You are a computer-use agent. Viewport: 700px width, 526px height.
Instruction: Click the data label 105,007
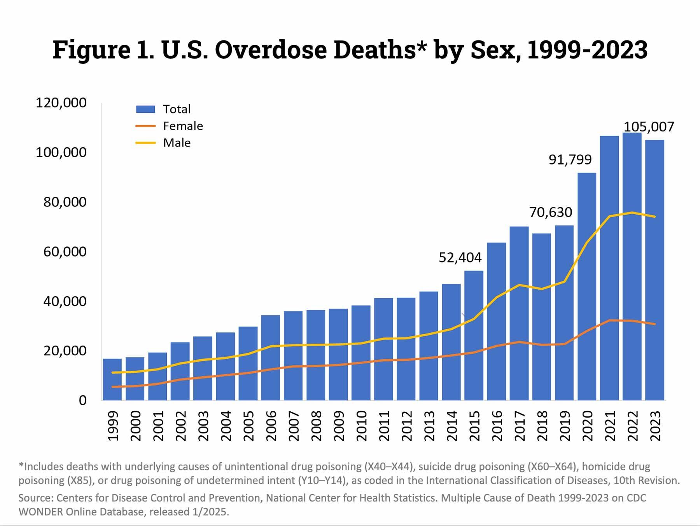pos(649,127)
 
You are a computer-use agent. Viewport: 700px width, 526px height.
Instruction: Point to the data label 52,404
pos(460,257)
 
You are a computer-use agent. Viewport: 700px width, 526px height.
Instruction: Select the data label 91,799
pos(570,159)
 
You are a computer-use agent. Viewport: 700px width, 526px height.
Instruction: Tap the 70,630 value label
pos(551,212)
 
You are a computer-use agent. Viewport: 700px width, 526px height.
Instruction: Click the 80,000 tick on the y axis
pos(65,202)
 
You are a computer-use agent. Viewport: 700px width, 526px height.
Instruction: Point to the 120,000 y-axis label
pos(61,103)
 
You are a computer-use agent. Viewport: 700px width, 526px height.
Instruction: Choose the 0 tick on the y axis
pos(82,400)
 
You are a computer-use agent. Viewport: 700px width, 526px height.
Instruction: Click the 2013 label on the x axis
pos(429,426)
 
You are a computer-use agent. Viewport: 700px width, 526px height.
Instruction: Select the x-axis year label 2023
pos(655,426)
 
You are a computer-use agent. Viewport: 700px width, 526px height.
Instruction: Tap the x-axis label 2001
pos(158,426)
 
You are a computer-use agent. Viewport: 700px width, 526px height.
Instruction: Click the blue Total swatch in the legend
pos(145,109)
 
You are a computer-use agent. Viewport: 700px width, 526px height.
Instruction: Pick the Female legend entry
pos(183,126)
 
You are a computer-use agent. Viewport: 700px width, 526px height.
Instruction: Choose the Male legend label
pos(177,143)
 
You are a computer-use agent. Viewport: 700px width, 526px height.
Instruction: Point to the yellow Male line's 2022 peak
pos(632,213)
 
